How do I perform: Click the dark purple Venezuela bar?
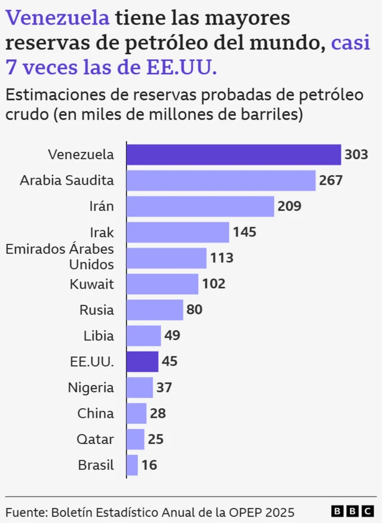[x=233, y=154]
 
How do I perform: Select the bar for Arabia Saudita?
[x=221, y=180]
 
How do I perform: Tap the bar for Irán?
[x=200, y=206]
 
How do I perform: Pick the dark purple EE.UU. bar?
[x=143, y=362]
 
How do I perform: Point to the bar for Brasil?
[x=133, y=465]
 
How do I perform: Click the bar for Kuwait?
[x=162, y=284]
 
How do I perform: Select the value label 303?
[x=356, y=155]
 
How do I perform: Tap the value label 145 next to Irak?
[x=245, y=232]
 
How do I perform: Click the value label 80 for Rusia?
[x=195, y=310]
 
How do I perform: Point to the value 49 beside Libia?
[x=172, y=335]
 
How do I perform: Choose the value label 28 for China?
[x=158, y=413]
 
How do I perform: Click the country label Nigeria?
[x=91, y=387]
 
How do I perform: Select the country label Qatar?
[x=95, y=439]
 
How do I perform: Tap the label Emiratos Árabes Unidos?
[x=60, y=256]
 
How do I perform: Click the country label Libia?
[x=98, y=335]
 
